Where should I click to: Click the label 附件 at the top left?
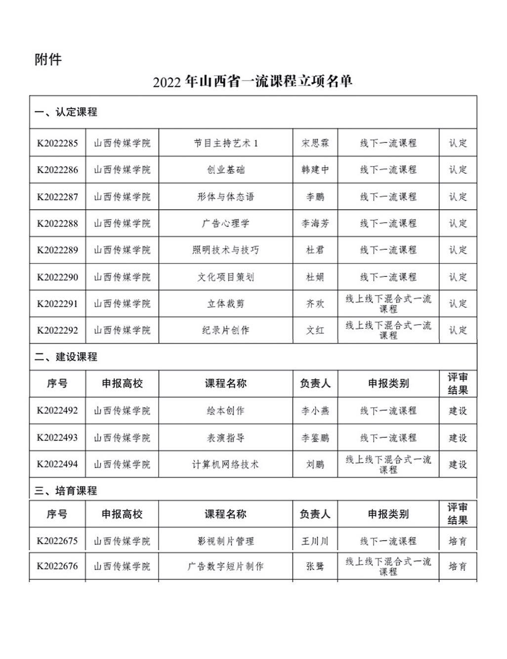click(x=48, y=60)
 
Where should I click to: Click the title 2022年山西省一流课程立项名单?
click(x=253, y=82)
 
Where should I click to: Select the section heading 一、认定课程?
click(x=66, y=112)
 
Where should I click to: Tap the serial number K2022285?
click(x=57, y=143)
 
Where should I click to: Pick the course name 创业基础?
click(x=226, y=170)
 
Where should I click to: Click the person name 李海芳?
click(x=315, y=223)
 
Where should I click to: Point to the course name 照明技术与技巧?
click(x=226, y=250)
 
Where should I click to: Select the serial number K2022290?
click(x=57, y=277)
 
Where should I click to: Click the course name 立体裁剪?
click(x=226, y=304)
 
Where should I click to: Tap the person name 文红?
click(x=315, y=330)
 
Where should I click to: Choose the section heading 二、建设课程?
click(x=66, y=357)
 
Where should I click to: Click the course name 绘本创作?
click(x=226, y=411)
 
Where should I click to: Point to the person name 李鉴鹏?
click(x=315, y=438)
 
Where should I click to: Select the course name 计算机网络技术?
click(x=226, y=464)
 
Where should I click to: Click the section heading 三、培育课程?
click(x=66, y=491)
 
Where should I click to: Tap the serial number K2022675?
click(x=57, y=541)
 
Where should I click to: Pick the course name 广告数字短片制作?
click(x=226, y=566)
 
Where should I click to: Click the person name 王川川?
click(x=315, y=541)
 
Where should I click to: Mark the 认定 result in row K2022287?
click(x=458, y=197)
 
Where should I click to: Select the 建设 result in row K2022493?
click(x=458, y=438)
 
